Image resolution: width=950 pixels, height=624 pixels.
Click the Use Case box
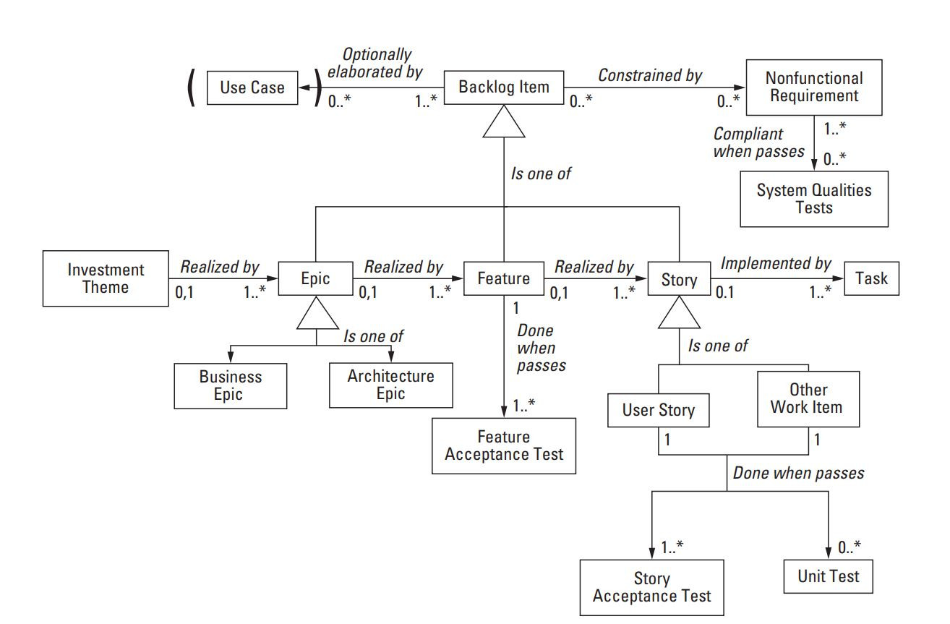[x=252, y=87]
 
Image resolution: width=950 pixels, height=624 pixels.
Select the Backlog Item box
[x=504, y=87]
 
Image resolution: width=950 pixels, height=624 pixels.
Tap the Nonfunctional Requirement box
[x=813, y=87]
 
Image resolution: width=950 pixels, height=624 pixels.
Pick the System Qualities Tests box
[x=813, y=199]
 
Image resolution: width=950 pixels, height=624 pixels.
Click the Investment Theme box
[x=106, y=278]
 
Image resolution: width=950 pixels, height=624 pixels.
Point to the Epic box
[x=315, y=279]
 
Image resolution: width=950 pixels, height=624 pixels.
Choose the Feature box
[x=503, y=279]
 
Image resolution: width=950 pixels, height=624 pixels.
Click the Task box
[x=871, y=278]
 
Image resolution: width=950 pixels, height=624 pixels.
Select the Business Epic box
[x=231, y=385]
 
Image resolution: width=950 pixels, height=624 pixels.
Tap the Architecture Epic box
[x=390, y=385]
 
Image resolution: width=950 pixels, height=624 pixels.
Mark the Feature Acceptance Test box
[x=503, y=445]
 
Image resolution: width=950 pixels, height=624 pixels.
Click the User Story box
[x=658, y=411]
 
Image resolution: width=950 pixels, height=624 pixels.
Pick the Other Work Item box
[x=808, y=398]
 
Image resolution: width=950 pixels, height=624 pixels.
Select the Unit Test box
[x=829, y=576]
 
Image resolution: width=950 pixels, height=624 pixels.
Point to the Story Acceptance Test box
[x=651, y=587]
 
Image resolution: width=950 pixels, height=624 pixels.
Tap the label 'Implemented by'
[x=776, y=265]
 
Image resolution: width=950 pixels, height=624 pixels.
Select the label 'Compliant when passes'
[x=758, y=142]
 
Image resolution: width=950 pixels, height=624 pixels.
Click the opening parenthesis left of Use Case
[x=192, y=88]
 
